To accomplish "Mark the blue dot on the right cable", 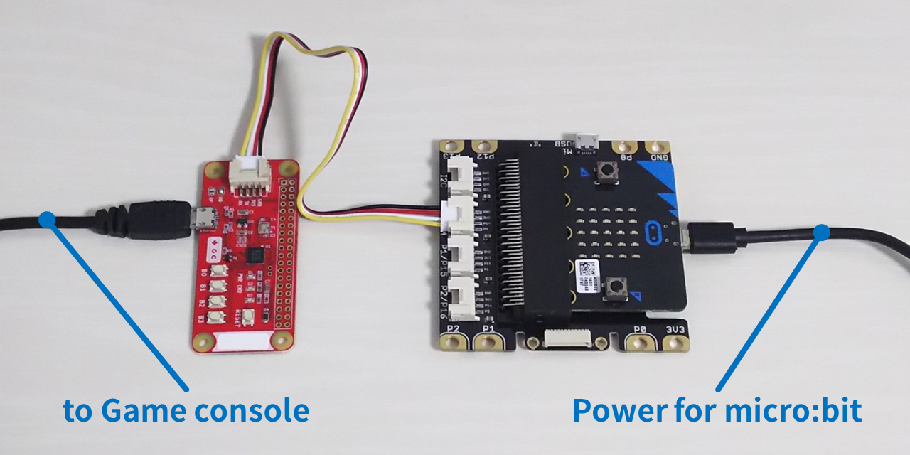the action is coord(821,232).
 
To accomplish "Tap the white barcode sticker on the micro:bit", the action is coord(589,271).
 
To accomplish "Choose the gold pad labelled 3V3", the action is coord(675,343).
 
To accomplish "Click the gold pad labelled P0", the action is coord(641,343).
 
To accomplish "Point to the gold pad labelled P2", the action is coord(452,343).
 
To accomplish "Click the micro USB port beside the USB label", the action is coord(587,141).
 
